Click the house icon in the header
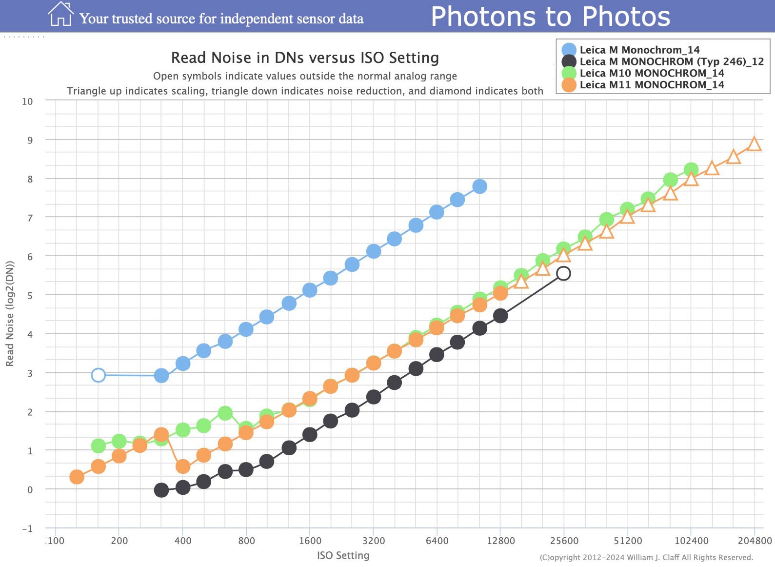pyautogui.click(x=60, y=14)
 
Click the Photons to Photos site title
pyautogui.click(x=550, y=17)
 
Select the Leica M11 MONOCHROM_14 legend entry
pyautogui.click(x=652, y=85)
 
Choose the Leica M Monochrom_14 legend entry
pyautogui.click(x=639, y=50)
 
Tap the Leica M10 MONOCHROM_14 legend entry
pyautogui.click(x=652, y=73)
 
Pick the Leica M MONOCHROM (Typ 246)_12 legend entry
pyautogui.click(x=671, y=61)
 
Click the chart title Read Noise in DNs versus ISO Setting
pyautogui.click(x=305, y=58)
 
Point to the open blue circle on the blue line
pyautogui.click(x=98, y=375)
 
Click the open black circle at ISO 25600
pyautogui.click(x=563, y=273)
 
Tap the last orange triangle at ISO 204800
pyautogui.click(x=754, y=144)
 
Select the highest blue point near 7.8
pyautogui.click(x=479, y=186)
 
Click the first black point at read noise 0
pyautogui.click(x=161, y=490)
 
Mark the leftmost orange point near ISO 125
pyautogui.click(x=77, y=477)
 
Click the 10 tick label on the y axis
pyautogui.click(x=27, y=101)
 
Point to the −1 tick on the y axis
pyautogui.click(x=27, y=528)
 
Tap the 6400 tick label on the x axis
pyautogui.click(x=437, y=541)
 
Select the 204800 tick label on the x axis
pyautogui.click(x=755, y=541)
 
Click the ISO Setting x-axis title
pyautogui.click(x=343, y=555)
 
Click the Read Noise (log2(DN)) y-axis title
pyautogui.click(x=10, y=314)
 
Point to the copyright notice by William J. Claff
pyautogui.click(x=646, y=557)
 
